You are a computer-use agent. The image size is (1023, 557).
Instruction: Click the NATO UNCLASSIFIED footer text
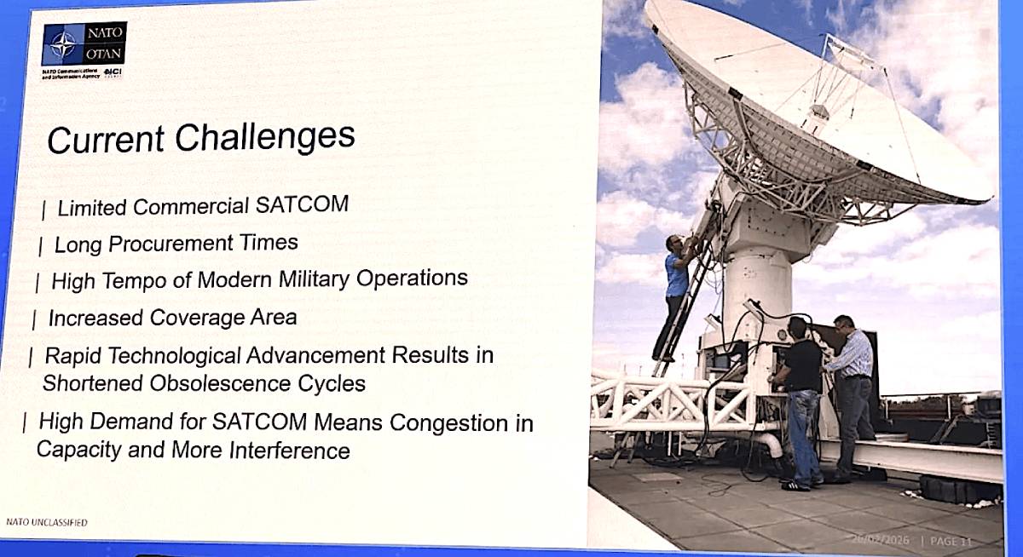[46, 522]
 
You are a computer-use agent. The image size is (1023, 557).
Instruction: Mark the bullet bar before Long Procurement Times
[40, 247]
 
